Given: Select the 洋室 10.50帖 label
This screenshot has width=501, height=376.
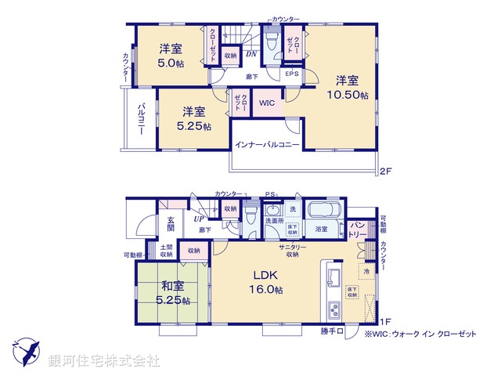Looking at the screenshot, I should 348,87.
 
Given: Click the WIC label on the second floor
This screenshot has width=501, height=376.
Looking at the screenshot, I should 266,102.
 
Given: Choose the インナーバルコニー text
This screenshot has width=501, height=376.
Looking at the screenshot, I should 267,146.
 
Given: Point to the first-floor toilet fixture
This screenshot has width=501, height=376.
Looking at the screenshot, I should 249,217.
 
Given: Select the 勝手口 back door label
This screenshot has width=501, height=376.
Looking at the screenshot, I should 331,332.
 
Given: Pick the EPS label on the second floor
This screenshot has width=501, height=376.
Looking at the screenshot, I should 291,74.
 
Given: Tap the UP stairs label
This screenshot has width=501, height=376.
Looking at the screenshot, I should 200,219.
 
